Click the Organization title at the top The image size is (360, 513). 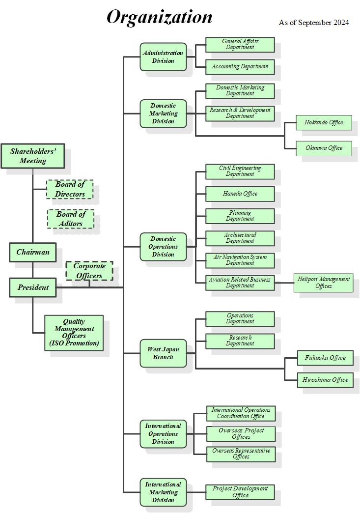pyautogui.click(x=160, y=17)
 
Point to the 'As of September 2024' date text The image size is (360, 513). pyautogui.click(x=314, y=23)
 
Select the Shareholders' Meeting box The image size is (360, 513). pyautogui.click(x=33, y=156)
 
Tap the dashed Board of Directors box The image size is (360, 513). pyautogui.click(x=70, y=189)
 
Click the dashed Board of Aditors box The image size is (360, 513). pyautogui.click(x=70, y=219)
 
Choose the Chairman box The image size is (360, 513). pyautogui.click(x=33, y=252)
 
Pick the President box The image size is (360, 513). pyautogui.click(x=33, y=287)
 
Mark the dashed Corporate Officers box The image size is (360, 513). pyautogui.click(x=89, y=271)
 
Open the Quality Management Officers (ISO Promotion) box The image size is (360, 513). pyautogui.click(x=74, y=333)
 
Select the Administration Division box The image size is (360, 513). pyautogui.click(x=163, y=57)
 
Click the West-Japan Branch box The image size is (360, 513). pyautogui.click(x=163, y=353)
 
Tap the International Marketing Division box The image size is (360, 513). pyautogui.click(x=163, y=492)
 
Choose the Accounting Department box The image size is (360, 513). pyautogui.click(x=240, y=66)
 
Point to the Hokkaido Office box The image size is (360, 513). pyautogui.click(x=324, y=122)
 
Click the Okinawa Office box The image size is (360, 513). pyautogui.click(x=324, y=148)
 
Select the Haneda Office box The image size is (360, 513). pyautogui.click(x=240, y=194)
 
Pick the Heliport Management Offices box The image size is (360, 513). pyautogui.click(x=324, y=283)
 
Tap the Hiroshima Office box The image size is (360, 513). pyautogui.click(x=325, y=380)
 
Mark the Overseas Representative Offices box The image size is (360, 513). pyautogui.click(x=241, y=454)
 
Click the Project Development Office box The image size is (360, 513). pyautogui.click(x=240, y=492)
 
